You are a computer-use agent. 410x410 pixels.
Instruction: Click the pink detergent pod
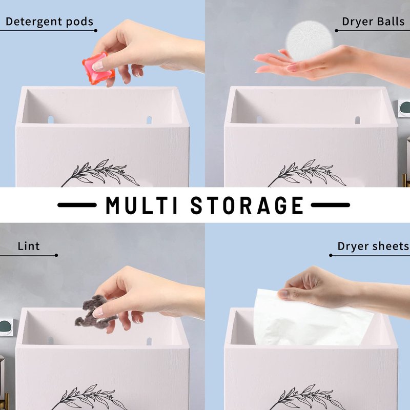click(x=98, y=68)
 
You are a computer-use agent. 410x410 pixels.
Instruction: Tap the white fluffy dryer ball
click(x=305, y=42)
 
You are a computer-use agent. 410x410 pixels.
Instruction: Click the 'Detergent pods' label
click(x=49, y=22)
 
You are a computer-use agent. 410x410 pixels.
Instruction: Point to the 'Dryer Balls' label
click(x=373, y=22)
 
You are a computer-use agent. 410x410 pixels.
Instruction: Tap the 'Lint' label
click(x=29, y=246)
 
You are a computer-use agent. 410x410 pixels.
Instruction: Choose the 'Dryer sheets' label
click(x=373, y=246)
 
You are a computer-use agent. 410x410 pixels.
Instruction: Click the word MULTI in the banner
click(x=141, y=206)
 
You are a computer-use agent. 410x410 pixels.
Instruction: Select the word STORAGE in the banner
click(x=247, y=206)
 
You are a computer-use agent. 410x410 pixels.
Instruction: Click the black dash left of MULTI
click(x=77, y=205)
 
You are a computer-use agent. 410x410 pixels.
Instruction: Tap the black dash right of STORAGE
click(x=330, y=205)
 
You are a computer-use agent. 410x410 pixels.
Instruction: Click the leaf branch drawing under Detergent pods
click(x=100, y=173)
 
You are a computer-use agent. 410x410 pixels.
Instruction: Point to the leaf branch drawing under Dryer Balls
click(x=307, y=173)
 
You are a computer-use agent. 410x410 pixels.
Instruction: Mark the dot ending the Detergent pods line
click(x=96, y=31)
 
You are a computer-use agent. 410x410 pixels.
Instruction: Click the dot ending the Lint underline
click(x=56, y=255)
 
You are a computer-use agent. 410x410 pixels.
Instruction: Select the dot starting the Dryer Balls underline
click(x=337, y=31)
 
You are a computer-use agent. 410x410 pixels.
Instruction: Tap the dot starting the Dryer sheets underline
click(x=331, y=255)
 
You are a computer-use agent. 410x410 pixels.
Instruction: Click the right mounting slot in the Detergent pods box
click(x=149, y=120)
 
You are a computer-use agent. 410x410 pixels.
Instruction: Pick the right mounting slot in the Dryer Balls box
click(x=357, y=120)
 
